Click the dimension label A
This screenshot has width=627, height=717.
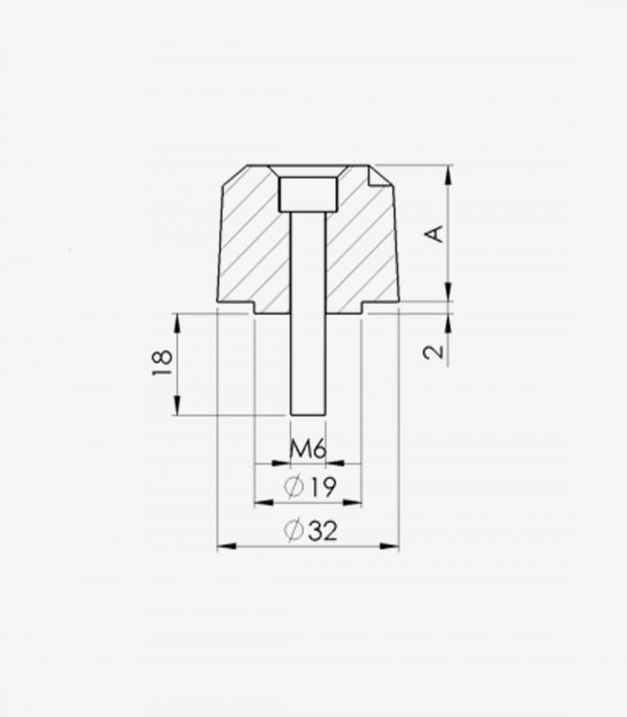pos(435,233)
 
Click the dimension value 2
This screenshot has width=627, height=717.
pos(434,352)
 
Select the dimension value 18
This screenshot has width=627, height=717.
pos(162,362)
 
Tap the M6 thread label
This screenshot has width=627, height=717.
pos(308,450)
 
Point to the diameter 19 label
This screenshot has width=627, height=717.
pos(310,486)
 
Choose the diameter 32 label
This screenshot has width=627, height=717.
pos(311,531)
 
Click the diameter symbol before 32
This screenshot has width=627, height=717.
pos(293,531)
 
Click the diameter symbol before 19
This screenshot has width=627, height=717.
pos(293,486)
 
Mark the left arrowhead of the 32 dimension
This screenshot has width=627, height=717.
pos(226,546)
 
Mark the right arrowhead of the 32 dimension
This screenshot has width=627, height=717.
pos(389,546)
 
